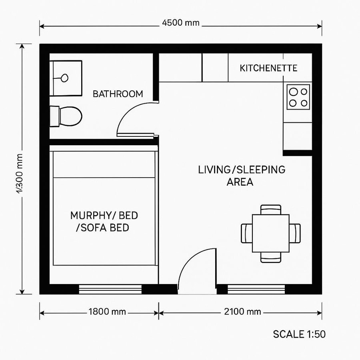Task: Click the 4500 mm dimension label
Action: (180, 22)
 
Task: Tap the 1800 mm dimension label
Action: (107, 312)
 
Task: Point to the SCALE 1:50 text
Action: (299, 334)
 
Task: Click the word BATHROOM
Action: (118, 94)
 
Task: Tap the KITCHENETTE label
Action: (268, 68)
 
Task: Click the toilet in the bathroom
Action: (66, 116)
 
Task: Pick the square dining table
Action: (271, 233)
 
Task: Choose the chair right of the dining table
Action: (295, 233)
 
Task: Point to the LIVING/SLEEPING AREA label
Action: (242, 176)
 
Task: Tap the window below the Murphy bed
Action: (110, 289)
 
